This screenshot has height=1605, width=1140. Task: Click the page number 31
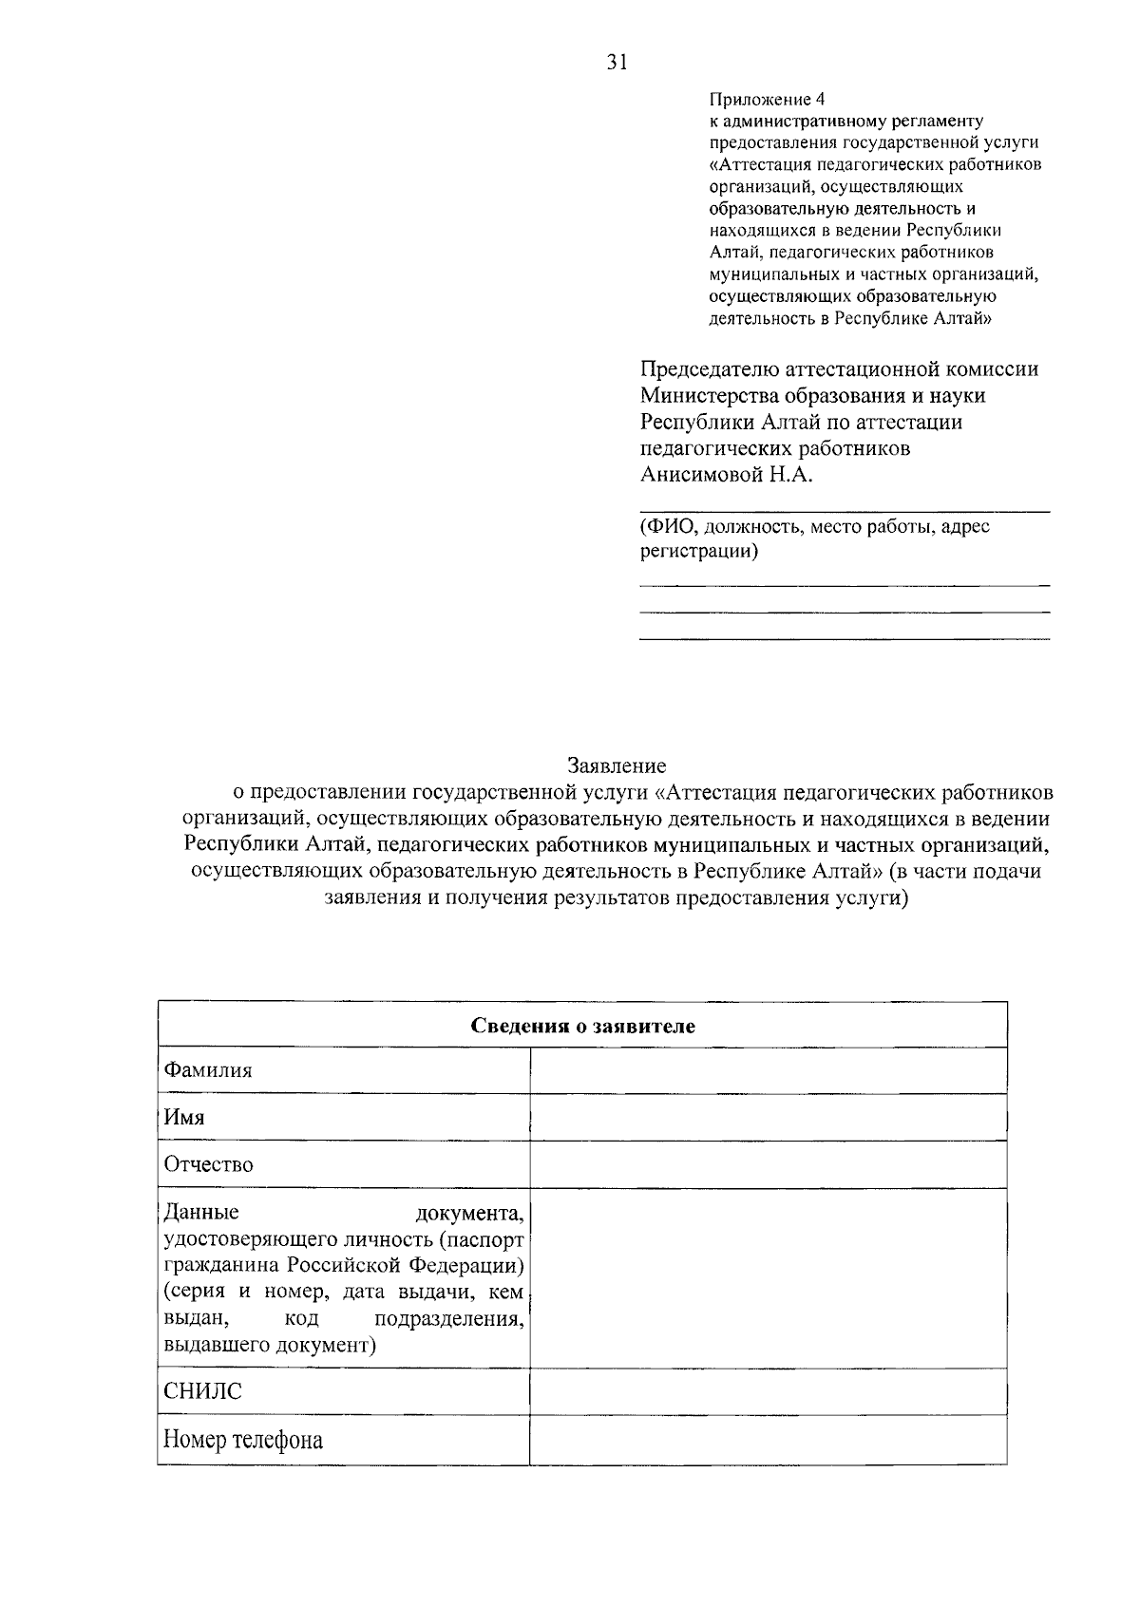point(617,63)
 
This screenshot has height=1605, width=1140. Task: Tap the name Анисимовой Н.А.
point(727,475)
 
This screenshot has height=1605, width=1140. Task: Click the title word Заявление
point(617,765)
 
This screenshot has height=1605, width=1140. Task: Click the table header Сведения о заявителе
point(582,1026)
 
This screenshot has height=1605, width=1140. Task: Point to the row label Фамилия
point(208,1070)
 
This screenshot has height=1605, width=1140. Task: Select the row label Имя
point(184,1117)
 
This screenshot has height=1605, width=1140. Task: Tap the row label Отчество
point(209,1164)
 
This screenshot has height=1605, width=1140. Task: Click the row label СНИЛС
point(203,1392)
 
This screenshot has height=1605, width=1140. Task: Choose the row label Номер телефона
point(243,1440)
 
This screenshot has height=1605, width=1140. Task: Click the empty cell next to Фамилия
point(768,1070)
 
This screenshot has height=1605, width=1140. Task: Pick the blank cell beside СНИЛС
point(768,1392)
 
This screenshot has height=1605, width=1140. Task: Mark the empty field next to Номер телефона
point(768,1440)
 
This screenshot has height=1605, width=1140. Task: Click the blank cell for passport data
point(768,1277)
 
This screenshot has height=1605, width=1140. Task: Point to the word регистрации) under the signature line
point(699,551)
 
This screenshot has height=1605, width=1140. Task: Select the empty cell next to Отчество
point(768,1164)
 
